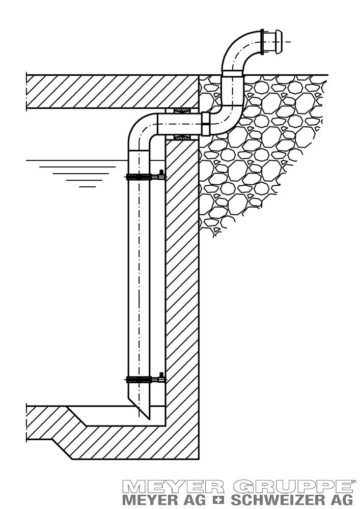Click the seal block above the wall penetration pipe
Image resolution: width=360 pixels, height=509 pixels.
[181, 110]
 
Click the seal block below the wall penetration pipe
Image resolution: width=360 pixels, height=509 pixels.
[181, 137]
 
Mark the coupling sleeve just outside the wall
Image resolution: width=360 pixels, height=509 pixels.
[206, 124]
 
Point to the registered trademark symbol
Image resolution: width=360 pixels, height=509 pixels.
[353, 481]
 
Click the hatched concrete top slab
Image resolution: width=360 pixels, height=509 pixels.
[112, 92]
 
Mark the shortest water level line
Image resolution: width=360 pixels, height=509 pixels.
[88, 187]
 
